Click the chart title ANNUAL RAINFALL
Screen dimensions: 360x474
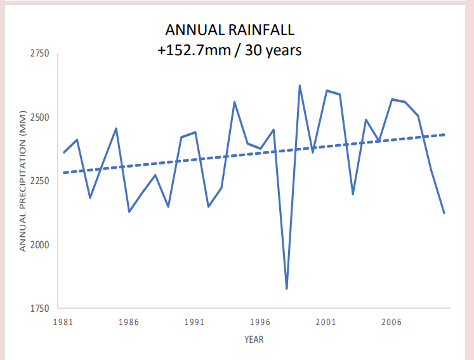pyautogui.click(x=230, y=30)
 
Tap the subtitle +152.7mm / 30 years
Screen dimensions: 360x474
pyautogui.click(x=230, y=50)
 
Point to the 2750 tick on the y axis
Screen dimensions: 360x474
pyautogui.click(x=39, y=54)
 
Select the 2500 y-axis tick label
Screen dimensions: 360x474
pyautogui.click(x=39, y=117)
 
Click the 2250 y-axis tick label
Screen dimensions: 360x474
pyautogui.click(x=39, y=181)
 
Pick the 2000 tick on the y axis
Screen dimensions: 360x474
pyautogui.click(x=39, y=245)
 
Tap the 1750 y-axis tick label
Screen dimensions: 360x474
pyautogui.click(x=39, y=309)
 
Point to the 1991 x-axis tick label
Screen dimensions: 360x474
pyautogui.click(x=194, y=322)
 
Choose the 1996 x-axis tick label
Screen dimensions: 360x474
pyautogui.click(x=260, y=322)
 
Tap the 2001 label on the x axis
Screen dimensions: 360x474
pyautogui.click(x=326, y=322)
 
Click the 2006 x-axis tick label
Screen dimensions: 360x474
pyautogui.click(x=392, y=322)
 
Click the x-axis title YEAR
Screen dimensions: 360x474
pyautogui.click(x=254, y=339)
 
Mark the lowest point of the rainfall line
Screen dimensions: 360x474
pyautogui.click(x=287, y=289)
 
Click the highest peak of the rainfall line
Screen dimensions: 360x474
pyautogui.click(x=300, y=86)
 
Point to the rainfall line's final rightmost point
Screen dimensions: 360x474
pyautogui.click(x=444, y=213)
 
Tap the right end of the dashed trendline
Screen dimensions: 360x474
pyautogui.click(x=445, y=135)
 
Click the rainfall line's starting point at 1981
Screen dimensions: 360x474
pyautogui.click(x=63, y=152)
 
